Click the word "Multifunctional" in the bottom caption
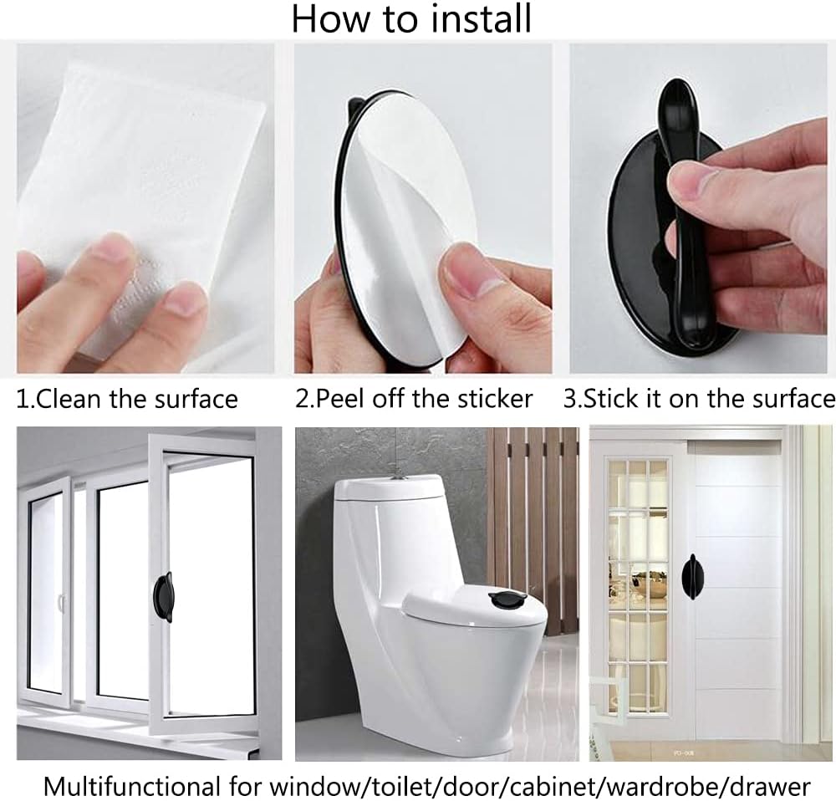tap(131, 787)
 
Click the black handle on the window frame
tap(163, 597)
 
